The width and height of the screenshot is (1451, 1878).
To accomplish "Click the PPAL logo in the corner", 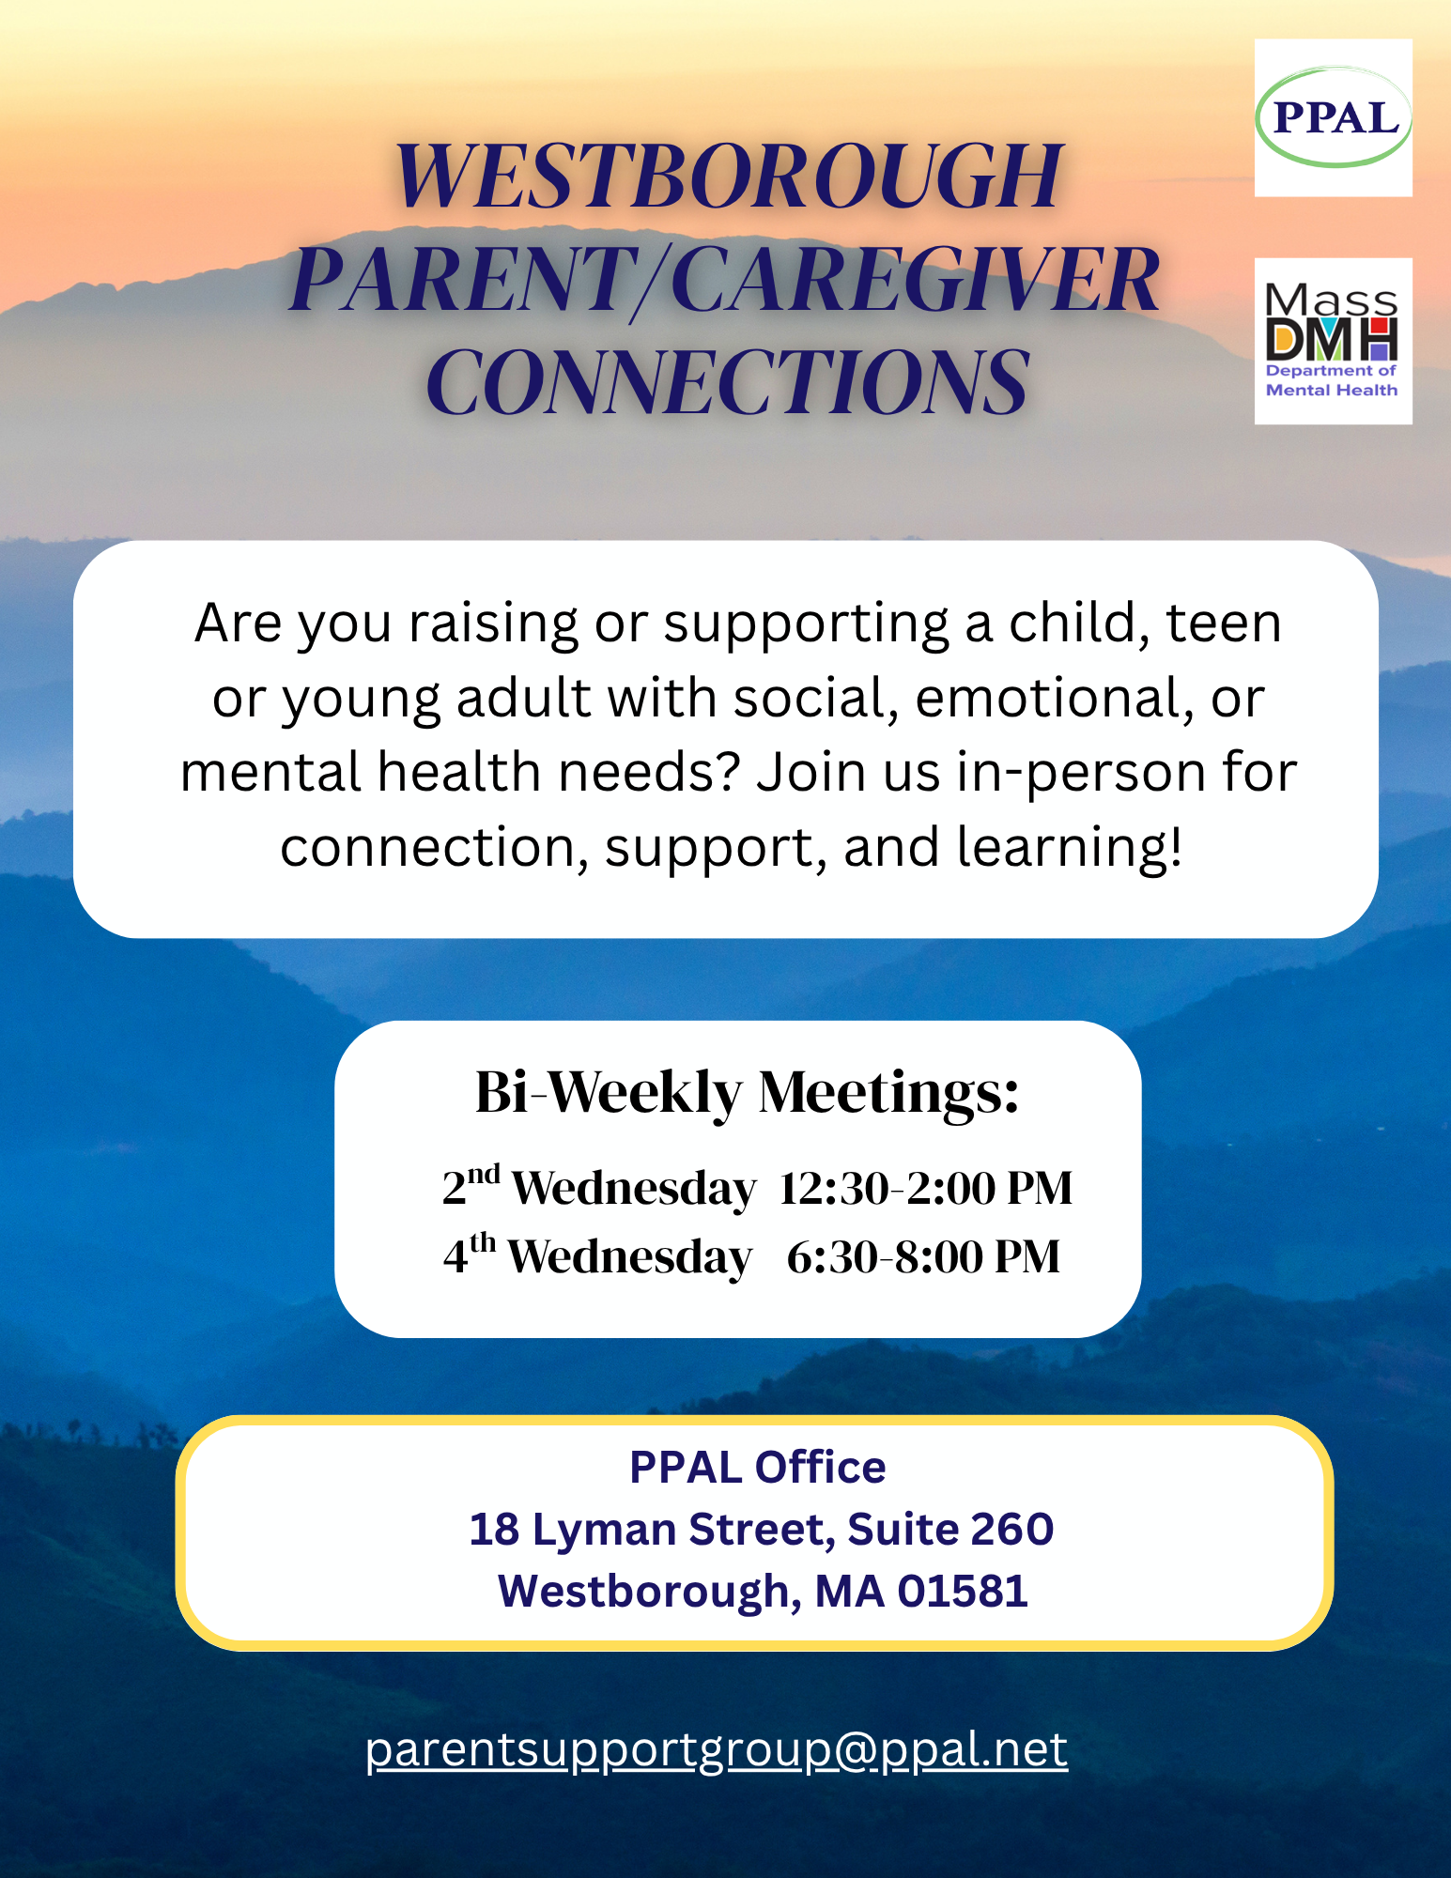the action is coord(1333,117).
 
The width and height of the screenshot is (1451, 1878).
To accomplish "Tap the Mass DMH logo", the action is coord(1333,341).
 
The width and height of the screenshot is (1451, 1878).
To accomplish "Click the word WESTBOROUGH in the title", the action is coord(729,177).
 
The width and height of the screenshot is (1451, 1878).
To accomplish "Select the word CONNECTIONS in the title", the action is coord(729,381).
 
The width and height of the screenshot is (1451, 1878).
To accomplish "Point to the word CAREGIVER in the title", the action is coord(916,279).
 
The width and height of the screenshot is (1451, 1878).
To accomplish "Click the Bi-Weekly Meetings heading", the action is coord(747,1092).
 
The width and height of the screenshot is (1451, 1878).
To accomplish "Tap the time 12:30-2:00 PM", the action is coord(926,1188).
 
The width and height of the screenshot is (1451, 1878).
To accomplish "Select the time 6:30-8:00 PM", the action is coord(924,1256).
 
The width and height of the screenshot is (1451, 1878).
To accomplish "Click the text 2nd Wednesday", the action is coord(598,1186).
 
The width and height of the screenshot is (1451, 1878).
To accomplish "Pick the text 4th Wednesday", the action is coord(597,1255).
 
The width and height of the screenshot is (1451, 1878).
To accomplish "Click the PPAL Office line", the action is coord(757,1467).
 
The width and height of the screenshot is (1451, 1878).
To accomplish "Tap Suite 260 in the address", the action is coord(950,1529).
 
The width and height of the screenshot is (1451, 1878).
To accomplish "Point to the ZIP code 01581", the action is coord(963,1591).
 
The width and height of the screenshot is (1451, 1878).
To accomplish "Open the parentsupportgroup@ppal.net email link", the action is coord(717,1750).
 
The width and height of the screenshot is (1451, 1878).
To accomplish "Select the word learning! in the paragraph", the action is coord(1070,846).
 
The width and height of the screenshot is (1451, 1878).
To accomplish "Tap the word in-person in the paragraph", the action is coord(1081,774).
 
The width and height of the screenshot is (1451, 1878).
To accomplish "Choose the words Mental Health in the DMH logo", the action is coord(1332,390).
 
